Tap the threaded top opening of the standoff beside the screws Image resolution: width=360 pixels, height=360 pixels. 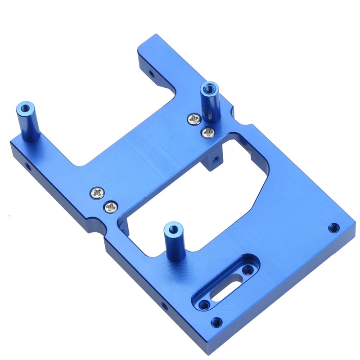click(210, 87)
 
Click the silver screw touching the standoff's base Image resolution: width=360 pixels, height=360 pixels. click(195, 119)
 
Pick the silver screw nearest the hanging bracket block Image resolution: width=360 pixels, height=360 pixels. click(208, 132)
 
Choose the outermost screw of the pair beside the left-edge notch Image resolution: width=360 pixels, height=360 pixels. click(97, 193)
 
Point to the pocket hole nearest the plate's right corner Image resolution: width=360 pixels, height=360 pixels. click(247, 270)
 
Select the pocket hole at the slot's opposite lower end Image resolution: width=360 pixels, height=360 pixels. click(205, 304)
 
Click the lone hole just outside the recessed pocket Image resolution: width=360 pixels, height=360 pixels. click(216, 322)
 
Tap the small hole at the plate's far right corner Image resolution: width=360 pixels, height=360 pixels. click(333, 227)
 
